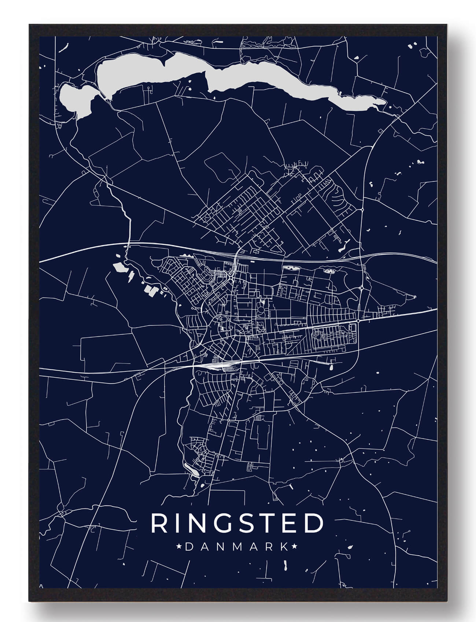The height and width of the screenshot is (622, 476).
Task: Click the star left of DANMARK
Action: point(180,547)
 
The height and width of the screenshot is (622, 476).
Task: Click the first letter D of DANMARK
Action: point(189,547)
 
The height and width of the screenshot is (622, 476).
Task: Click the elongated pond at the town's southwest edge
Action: point(192,469)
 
